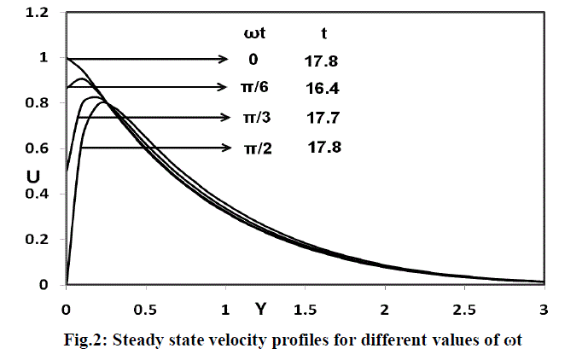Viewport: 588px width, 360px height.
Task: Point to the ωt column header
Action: click(x=254, y=33)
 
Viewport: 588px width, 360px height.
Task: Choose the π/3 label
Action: click(x=253, y=118)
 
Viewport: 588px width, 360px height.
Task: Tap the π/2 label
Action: click(x=254, y=148)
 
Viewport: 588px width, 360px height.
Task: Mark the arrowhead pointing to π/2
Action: click(x=226, y=148)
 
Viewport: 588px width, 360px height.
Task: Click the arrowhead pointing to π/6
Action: click(x=219, y=87)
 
